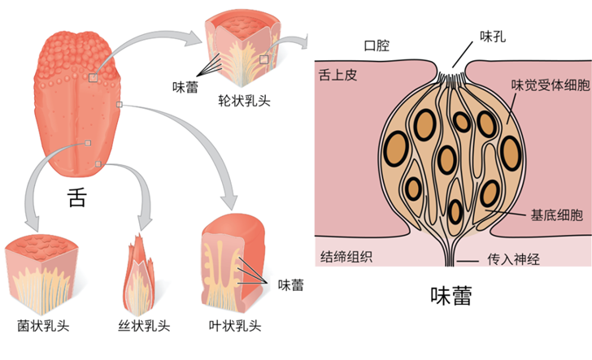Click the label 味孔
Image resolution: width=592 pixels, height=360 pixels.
[493, 37]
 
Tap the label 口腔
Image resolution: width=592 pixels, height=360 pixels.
[377, 46]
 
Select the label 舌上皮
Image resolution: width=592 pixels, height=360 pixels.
[338, 75]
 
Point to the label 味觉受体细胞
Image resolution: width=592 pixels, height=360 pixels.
[551, 85]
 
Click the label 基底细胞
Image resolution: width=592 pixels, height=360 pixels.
[557, 215]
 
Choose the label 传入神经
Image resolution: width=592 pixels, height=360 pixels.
[513, 259]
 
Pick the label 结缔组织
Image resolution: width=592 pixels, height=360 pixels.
[346, 257]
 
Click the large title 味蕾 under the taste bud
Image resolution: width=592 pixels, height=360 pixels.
[451, 296]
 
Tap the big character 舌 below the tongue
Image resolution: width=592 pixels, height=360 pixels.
[77, 197]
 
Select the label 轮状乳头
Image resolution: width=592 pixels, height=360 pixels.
[244, 101]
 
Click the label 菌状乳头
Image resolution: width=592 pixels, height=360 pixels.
[43, 326]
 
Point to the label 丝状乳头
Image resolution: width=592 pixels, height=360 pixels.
[144, 326]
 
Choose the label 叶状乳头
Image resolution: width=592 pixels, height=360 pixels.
[235, 326]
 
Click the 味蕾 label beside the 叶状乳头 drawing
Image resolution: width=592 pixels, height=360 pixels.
[291, 285]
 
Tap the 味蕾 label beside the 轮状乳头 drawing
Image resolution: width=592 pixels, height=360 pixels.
[185, 87]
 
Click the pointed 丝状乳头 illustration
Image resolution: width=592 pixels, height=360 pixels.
[139, 275]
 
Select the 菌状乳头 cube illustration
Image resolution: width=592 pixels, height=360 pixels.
[41, 275]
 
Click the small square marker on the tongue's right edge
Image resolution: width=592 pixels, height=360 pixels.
[120, 104]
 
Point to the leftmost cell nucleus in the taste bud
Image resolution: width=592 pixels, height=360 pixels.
[396, 148]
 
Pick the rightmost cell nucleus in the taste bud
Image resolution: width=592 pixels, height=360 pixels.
[511, 153]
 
